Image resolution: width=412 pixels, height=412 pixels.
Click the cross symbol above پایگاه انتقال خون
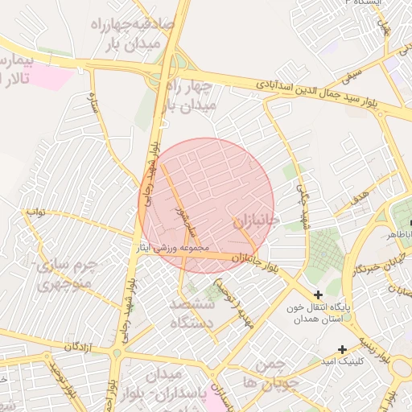click(x=319, y=295)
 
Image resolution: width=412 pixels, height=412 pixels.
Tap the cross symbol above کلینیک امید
click(x=343, y=348)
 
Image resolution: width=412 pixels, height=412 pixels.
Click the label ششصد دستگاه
click(x=192, y=314)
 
